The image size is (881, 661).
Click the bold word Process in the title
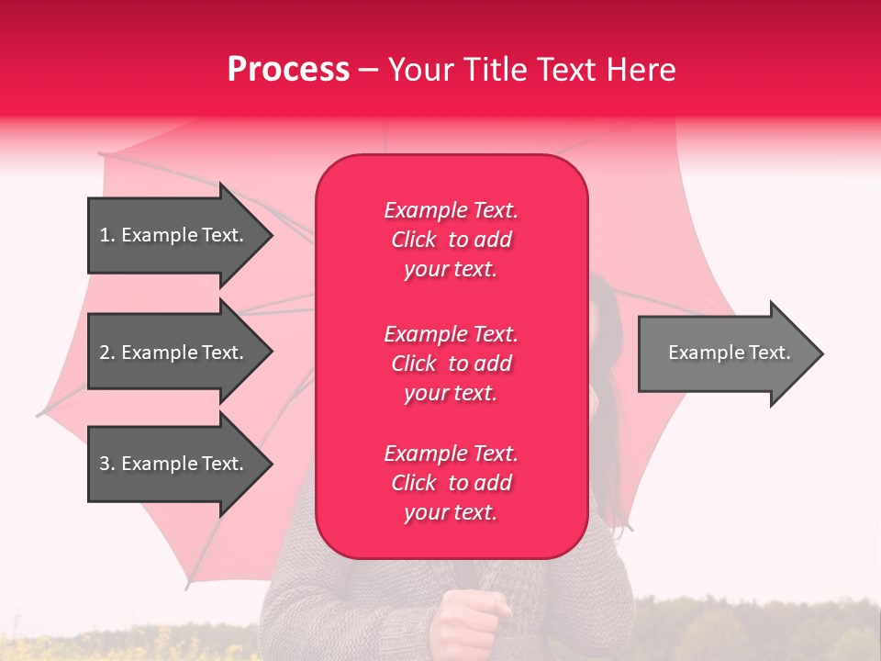coord(288,70)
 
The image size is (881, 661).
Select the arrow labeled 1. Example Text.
coord(174,235)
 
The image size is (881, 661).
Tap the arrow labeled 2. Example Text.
coord(174,353)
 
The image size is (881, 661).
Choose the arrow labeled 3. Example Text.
coord(174,464)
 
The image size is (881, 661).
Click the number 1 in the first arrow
coord(105,235)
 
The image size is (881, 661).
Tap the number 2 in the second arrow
coord(105,353)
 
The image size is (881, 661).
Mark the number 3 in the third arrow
coord(105,464)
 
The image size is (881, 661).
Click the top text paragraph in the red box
coord(451,240)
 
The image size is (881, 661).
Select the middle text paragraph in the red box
coord(451,363)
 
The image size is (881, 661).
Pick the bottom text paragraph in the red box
coord(451,483)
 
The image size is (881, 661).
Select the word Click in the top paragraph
coord(414,240)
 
